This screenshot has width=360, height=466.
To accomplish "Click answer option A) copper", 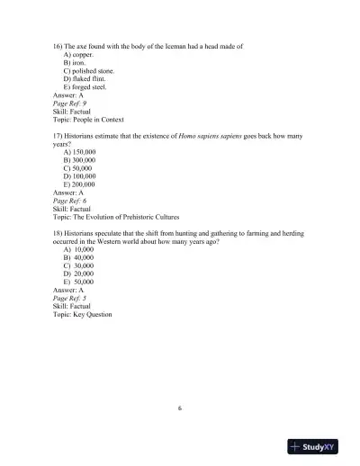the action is [x=80, y=54].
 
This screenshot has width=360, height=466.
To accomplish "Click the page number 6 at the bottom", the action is [x=180, y=407].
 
